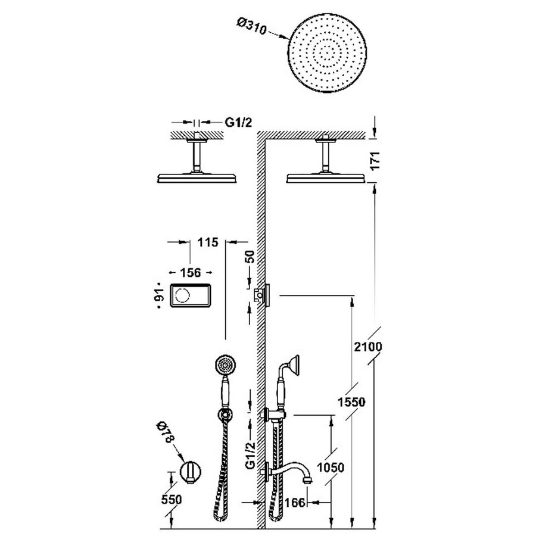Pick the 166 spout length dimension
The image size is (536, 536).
pos(295,503)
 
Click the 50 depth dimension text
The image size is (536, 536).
pos(251,257)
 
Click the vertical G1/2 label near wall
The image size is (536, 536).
pos(251,456)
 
